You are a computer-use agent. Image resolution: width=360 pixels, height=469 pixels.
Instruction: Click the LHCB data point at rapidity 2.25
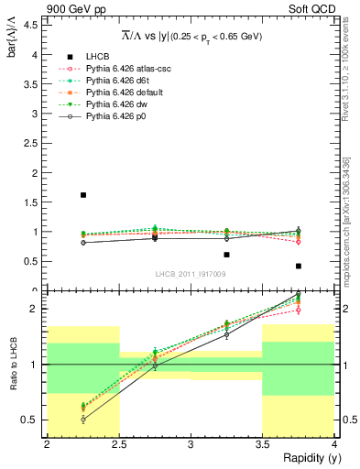[83, 195]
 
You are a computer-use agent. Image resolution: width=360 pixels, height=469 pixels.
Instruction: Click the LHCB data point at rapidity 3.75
[299, 266]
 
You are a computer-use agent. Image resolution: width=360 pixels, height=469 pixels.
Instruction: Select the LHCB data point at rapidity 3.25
[227, 255]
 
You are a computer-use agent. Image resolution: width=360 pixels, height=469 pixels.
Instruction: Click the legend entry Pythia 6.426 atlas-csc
[128, 69]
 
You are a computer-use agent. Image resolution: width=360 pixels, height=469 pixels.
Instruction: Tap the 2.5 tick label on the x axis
[119, 444]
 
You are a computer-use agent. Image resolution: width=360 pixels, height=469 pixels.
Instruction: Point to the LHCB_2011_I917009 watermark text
[190, 273]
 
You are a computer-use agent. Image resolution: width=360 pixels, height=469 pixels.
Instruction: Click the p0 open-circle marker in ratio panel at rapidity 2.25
[83, 420]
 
